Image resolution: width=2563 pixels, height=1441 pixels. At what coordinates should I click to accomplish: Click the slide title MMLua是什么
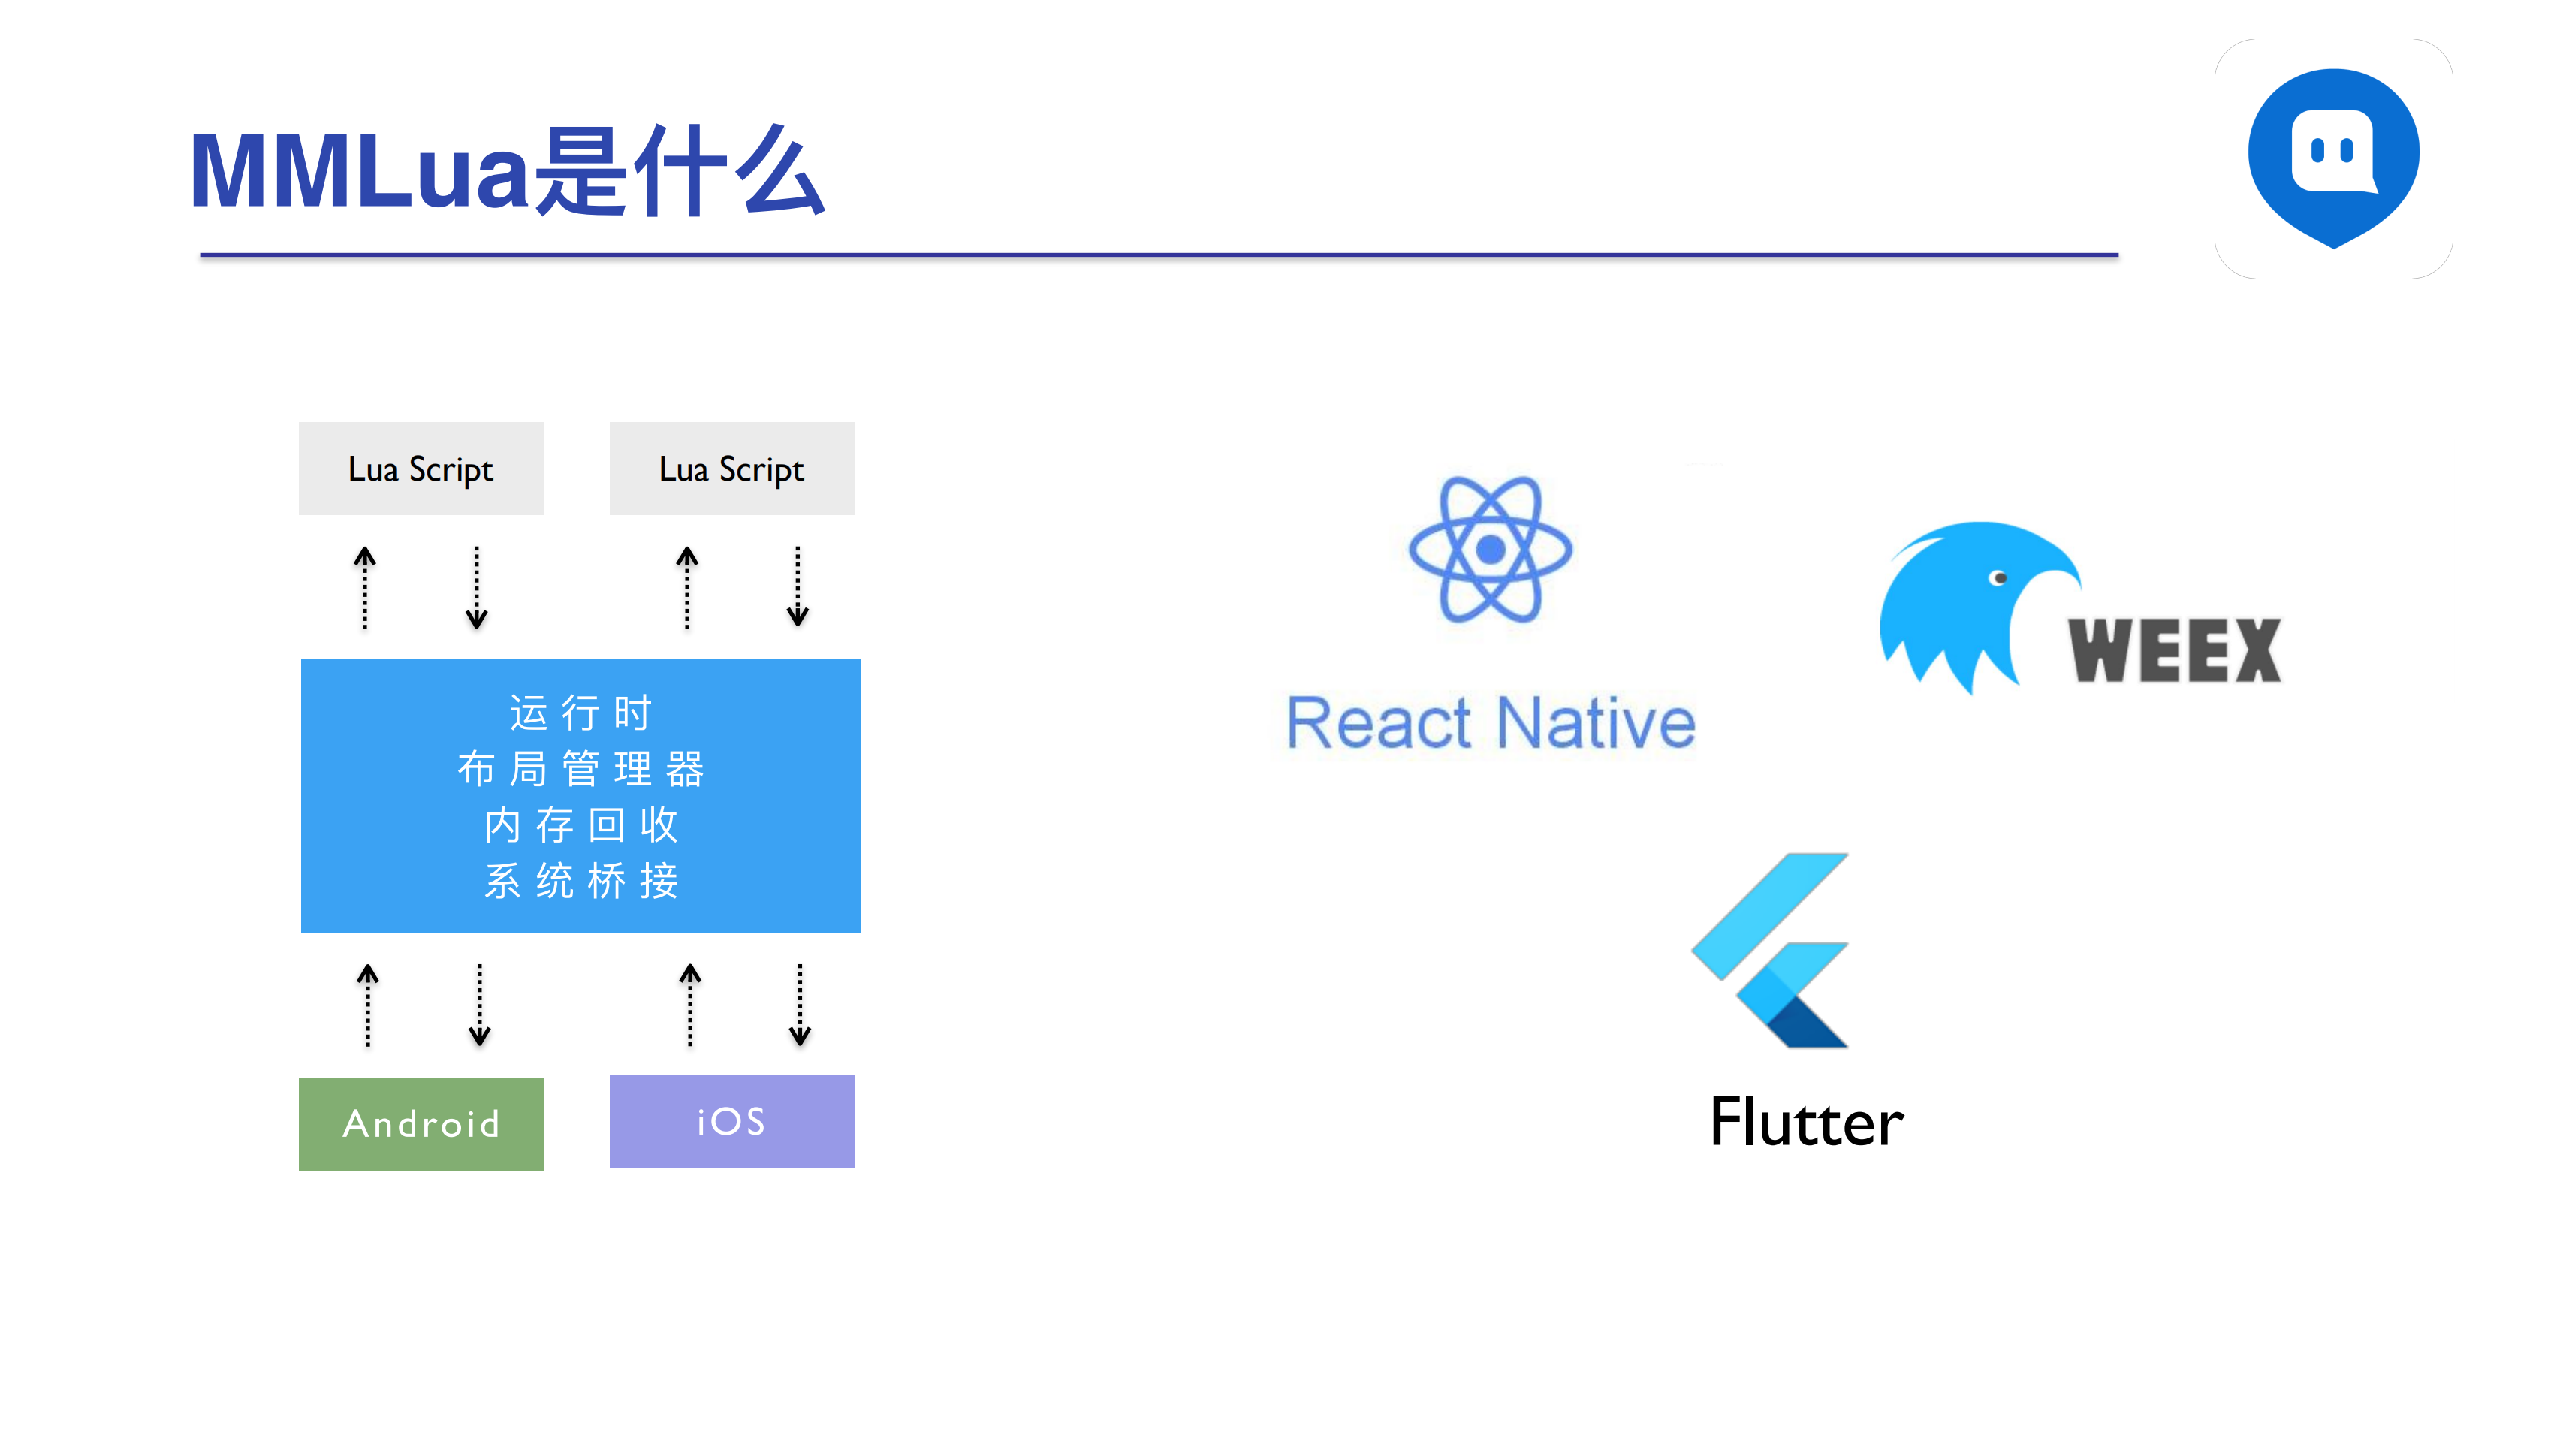click(508, 171)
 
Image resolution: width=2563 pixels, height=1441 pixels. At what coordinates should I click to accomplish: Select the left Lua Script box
click(421, 469)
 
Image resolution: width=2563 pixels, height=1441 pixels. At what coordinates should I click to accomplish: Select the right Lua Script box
click(731, 469)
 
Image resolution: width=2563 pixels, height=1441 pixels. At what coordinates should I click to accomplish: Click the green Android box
click(421, 1123)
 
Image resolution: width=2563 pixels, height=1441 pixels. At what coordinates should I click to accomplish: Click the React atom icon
click(1489, 550)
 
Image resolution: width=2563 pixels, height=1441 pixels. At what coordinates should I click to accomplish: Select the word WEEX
click(2174, 651)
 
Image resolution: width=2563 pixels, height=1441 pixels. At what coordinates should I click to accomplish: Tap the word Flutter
click(1806, 1123)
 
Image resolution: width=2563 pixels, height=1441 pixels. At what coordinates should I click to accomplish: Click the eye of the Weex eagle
click(1997, 578)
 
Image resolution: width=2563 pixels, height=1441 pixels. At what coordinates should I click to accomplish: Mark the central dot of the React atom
click(1489, 550)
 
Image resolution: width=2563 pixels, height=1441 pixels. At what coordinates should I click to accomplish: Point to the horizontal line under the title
click(1159, 255)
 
